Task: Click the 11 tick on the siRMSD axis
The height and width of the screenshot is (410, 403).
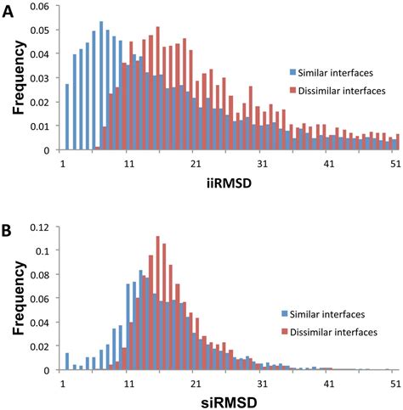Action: pos(129,382)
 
